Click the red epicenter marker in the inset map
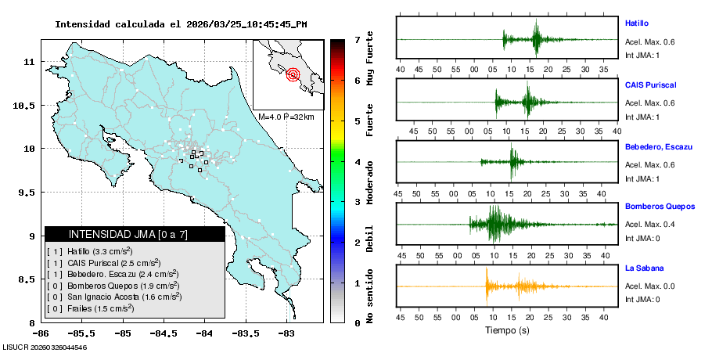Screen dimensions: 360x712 (293, 75)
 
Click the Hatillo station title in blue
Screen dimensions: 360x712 (636, 23)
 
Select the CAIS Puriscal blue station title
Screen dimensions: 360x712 (650, 85)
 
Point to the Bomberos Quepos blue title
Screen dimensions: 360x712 (660, 207)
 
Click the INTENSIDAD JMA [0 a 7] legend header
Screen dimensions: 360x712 (128, 234)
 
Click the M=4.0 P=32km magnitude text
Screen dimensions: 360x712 (286, 117)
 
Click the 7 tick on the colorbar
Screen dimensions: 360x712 (357, 40)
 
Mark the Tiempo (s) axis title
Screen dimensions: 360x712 (508, 331)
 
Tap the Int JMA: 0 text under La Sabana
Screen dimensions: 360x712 (642, 299)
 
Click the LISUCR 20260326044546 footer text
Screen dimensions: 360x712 (44, 347)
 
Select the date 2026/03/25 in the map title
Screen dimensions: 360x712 (214, 24)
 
